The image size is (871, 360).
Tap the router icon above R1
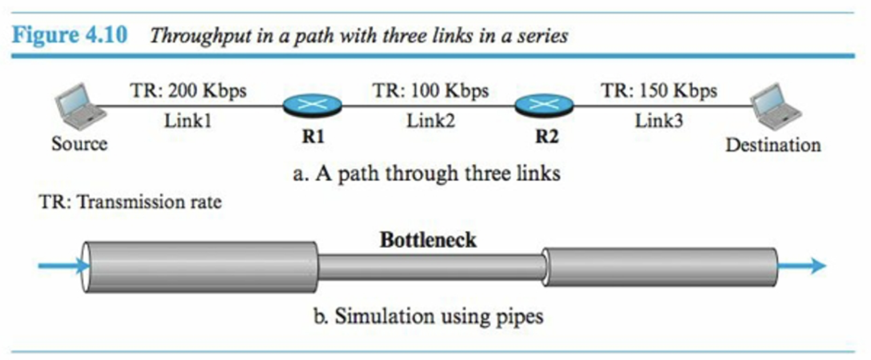(312, 105)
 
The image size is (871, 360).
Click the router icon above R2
(544, 105)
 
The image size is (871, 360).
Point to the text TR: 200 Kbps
(189, 91)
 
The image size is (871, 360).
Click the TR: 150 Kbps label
(658, 91)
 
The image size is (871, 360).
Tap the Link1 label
(188, 121)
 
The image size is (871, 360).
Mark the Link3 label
(658, 121)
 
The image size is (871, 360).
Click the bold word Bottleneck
(427, 241)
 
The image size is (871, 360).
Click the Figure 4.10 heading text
(71, 35)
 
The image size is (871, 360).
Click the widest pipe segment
(200, 267)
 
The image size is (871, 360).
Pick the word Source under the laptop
(79, 144)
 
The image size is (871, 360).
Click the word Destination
(773, 145)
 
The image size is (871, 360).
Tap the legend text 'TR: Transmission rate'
(130, 202)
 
